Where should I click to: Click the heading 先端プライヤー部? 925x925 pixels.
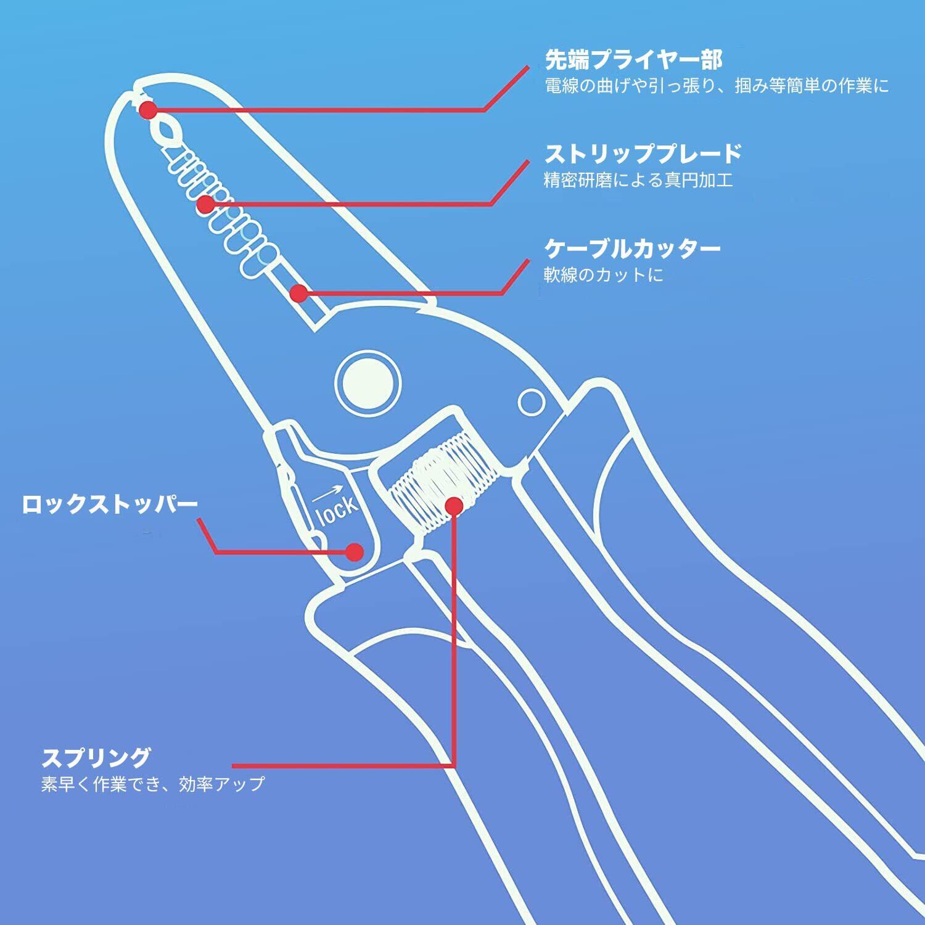click(x=633, y=60)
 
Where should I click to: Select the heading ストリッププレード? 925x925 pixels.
click(x=643, y=154)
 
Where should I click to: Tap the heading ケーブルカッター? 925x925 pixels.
click(x=632, y=249)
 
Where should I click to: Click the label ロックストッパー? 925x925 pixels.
click(x=110, y=504)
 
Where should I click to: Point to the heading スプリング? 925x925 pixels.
click(x=96, y=756)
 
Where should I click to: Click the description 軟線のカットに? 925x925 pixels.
click(x=603, y=274)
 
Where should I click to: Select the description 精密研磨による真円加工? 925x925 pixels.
click(x=638, y=180)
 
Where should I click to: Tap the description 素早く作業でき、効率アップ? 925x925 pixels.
click(x=153, y=784)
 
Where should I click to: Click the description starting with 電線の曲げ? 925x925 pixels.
click(x=717, y=86)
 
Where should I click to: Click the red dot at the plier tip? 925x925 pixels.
click(x=148, y=110)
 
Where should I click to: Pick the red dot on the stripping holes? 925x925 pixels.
click(x=206, y=203)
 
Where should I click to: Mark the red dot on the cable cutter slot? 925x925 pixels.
click(x=299, y=293)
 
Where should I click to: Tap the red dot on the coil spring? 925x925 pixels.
click(x=454, y=506)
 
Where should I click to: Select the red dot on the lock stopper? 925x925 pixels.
click(x=354, y=551)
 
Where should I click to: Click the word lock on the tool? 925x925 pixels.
click(x=337, y=509)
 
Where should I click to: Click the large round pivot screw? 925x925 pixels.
click(x=368, y=382)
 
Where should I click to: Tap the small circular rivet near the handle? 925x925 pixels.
click(x=531, y=403)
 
